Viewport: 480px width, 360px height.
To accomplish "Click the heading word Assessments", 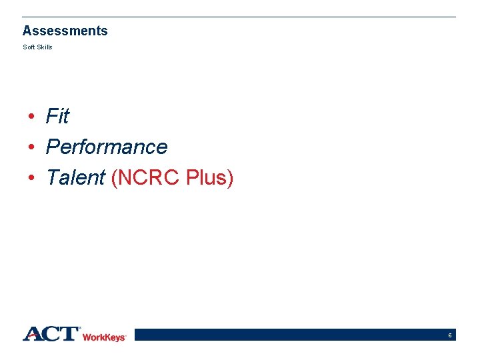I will pyautogui.click(x=65, y=31).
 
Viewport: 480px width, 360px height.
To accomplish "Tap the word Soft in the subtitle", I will pyautogui.click(x=28, y=47).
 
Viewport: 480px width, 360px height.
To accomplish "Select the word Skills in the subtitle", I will pyautogui.click(x=43, y=47).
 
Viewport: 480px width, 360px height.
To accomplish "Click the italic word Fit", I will pyautogui.click(x=57, y=117).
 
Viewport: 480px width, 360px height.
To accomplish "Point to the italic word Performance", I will pyautogui.click(x=107, y=147).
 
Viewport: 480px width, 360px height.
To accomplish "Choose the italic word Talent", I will pyautogui.click(x=75, y=177).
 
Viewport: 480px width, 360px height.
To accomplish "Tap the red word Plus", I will pyautogui.click(x=206, y=177).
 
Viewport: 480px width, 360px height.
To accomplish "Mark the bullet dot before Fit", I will pyautogui.click(x=31, y=117).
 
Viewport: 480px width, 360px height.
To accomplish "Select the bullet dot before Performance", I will pyautogui.click(x=31, y=147).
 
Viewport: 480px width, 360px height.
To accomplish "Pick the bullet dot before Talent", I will pyautogui.click(x=31, y=178).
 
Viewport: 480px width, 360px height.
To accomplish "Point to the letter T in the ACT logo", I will pyautogui.click(x=69, y=334).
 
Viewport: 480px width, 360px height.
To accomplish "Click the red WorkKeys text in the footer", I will pyautogui.click(x=104, y=337).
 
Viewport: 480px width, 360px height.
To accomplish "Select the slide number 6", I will pyautogui.click(x=451, y=335).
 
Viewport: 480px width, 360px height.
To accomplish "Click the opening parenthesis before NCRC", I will pyautogui.click(x=115, y=178).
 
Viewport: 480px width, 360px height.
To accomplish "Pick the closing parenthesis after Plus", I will pyautogui.click(x=230, y=178).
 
